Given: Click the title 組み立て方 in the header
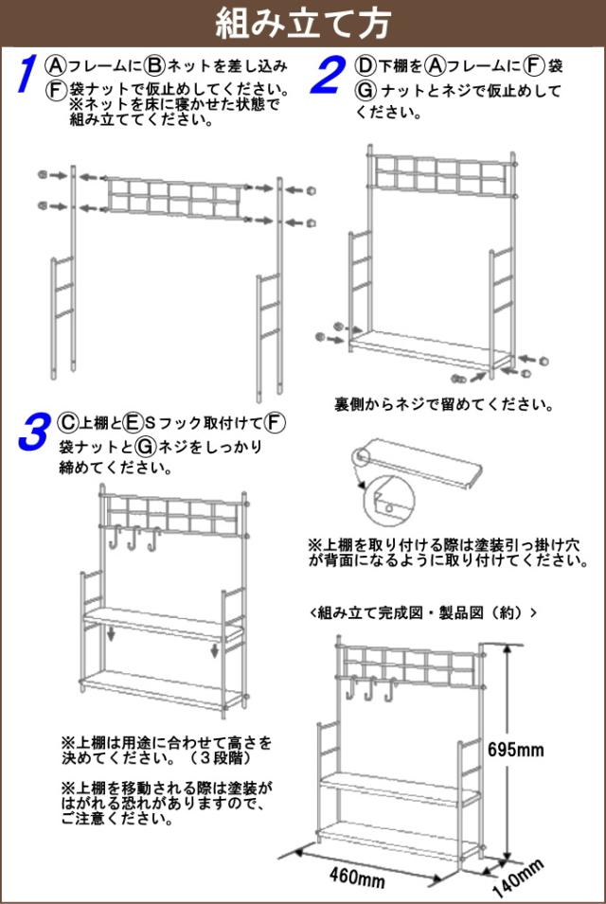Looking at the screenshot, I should (302, 21).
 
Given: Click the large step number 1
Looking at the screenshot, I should (28, 75).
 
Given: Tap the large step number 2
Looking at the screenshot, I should (328, 75).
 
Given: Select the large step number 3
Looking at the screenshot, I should (32, 433).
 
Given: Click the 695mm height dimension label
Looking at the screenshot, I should (516, 750).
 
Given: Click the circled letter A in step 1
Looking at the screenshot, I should (56, 65).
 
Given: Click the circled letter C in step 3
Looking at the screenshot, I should (67, 421).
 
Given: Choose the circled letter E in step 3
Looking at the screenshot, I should (133, 421).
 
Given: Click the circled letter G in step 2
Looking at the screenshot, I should (365, 91).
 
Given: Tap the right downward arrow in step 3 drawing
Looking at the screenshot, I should (215, 651).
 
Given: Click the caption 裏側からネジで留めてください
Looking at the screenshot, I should (443, 405).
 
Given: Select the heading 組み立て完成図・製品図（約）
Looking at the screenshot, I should (423, 612).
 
